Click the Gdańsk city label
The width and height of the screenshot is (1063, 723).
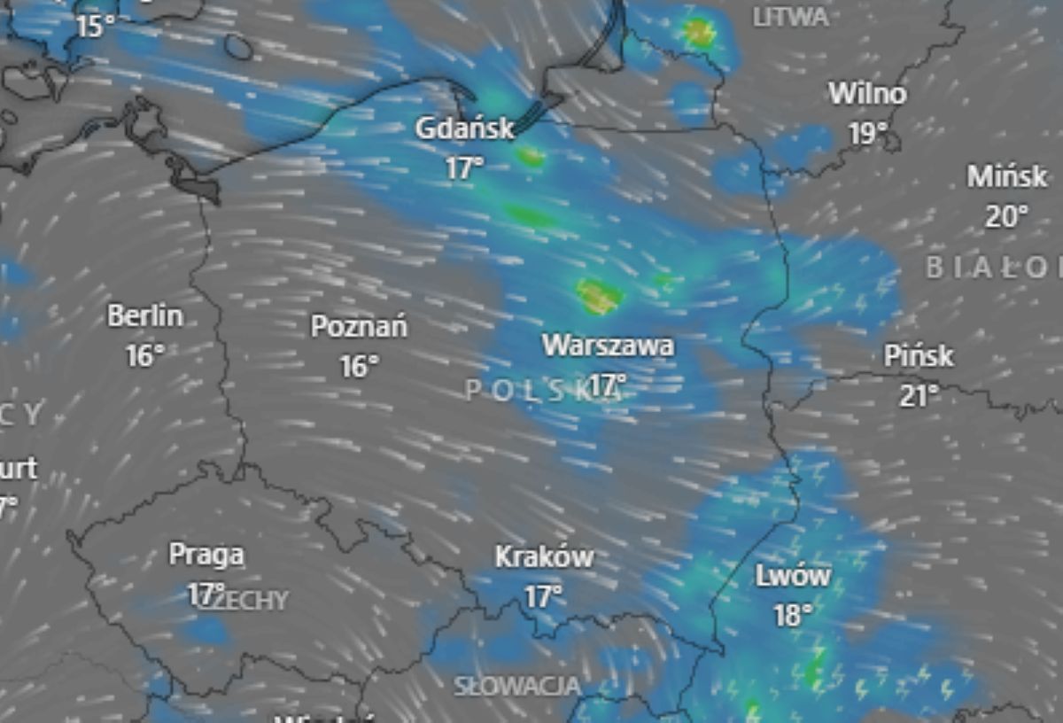(464, 129)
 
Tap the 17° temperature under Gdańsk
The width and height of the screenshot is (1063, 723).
(464, 167)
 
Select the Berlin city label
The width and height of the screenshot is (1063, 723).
(145, 315)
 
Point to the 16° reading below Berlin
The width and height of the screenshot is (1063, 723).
(145, 356)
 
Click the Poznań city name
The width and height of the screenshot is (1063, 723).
(359, 327)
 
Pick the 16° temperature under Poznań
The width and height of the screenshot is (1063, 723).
(359, 366)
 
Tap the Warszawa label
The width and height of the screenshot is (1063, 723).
(608, 346)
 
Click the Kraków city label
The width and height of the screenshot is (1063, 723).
(544, 557)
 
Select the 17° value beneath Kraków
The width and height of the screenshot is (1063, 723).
(542, 597)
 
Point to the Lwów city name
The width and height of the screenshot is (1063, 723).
(793, 577)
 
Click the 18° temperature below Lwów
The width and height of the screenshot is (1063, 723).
(793, 616)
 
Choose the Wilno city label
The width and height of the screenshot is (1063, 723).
(867, 94)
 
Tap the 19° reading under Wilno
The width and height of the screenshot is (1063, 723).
(867, 134)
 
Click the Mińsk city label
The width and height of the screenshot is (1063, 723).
(1007, 176)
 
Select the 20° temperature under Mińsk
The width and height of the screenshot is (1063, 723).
(1007, 216)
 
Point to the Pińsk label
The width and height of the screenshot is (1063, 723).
(919, 356)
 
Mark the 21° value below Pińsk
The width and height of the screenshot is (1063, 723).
(919, 396)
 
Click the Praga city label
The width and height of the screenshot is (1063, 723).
(206, 556)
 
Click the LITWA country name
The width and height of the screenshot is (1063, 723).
(791, 17)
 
